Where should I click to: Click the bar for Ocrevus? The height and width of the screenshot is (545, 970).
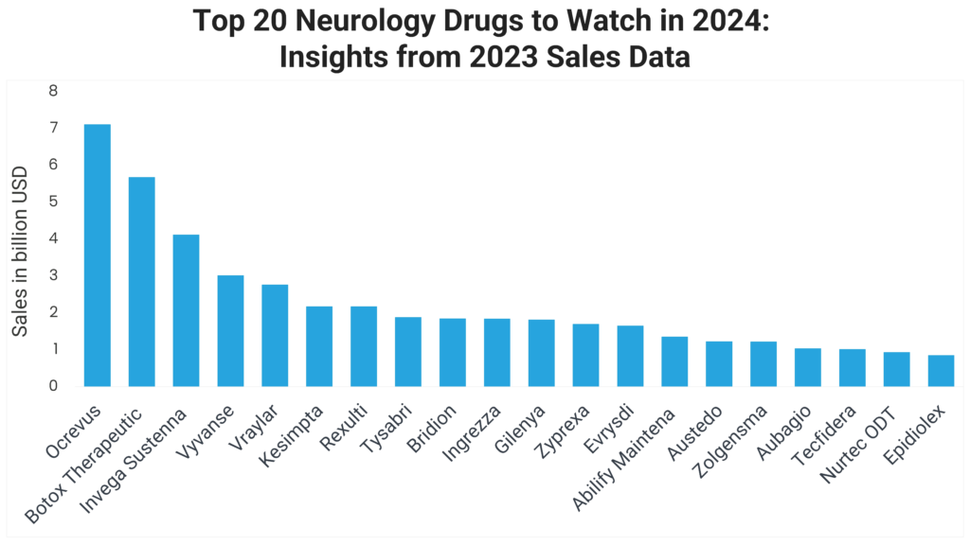click(x=97, y=255)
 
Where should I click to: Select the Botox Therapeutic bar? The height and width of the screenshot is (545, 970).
click(x=141, y=282)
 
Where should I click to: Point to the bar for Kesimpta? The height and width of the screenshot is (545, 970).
click(x=319, y=346)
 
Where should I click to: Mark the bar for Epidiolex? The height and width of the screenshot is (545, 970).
click(x=941, y=371)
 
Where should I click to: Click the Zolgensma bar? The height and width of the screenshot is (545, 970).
click(x=763, y=363)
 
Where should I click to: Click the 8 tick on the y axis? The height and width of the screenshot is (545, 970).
click(x=53, y=91)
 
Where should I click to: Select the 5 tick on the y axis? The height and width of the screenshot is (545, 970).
click(x=53, y=202)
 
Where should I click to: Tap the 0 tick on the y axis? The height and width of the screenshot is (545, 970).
click(x=53, y=386)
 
